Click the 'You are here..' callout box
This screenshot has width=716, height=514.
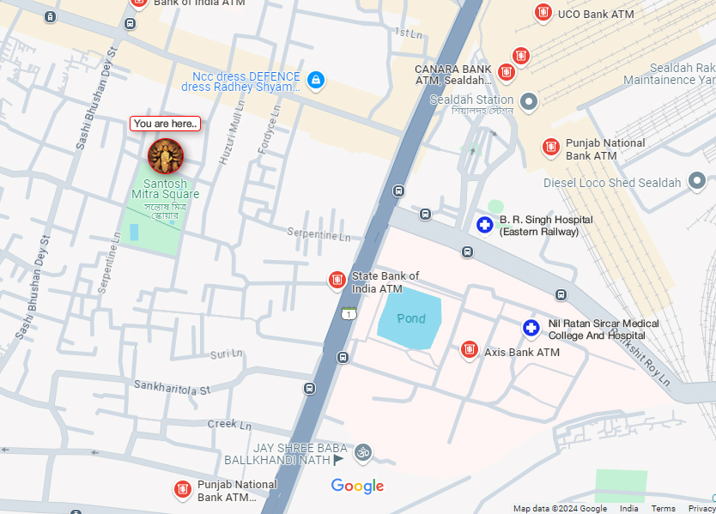tap(165, 124)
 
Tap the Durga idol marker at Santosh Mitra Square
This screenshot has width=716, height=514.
tap(166, 156)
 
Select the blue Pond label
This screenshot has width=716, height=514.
tap(410, 319)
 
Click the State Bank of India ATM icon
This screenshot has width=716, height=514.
tap(337, 281)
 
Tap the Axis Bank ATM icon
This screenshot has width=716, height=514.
tap(469, 349)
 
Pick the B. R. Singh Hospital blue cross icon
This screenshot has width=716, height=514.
tap(485, 225)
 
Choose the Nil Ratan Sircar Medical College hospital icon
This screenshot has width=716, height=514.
tap(531, 328)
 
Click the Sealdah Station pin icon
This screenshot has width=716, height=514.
tap(529, 102)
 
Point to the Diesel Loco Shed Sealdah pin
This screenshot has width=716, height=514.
tap(697, 181)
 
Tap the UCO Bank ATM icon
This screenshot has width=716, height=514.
tap(543, 13)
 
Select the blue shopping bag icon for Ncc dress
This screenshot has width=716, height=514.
tap(316, 81)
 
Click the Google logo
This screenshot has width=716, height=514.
tap(357, 487)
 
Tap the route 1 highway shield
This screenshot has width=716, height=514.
tap(349, 313)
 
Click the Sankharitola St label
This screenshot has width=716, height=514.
tap(172, 389)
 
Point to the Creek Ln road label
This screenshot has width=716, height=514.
tap(229, 424)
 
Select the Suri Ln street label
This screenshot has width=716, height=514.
tap(227, 354)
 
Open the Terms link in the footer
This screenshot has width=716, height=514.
tap(663, 509)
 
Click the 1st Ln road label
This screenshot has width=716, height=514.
tap(409, 33)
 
